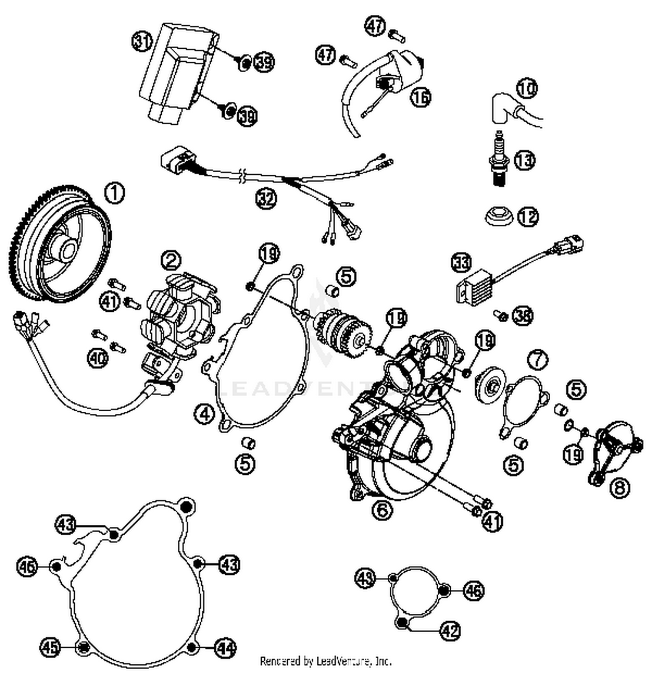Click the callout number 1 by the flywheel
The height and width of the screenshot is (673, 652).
(x=115, y=193)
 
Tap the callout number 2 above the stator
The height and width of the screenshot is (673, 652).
(x=171, y=260)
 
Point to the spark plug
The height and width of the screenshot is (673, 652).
(x=500, y=160)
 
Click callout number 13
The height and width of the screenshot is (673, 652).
(x=525, y=160)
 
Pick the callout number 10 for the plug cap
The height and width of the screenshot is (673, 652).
(x=527, y=89)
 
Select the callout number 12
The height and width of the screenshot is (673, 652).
(x=528, y=217)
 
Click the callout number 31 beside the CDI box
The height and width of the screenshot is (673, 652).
(x=142, y=42)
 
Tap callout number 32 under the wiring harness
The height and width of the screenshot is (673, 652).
(x=266, y=199)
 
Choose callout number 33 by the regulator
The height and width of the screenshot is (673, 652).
(x=461, y=263)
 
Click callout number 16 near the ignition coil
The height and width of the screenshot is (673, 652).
(x=420, y=97)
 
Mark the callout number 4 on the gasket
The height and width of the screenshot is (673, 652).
(x=204, y=413)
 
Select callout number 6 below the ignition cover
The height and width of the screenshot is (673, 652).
(x=382, y=509)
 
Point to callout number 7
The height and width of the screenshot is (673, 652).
(x=538, y=360)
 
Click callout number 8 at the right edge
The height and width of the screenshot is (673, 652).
(x=619, y=487)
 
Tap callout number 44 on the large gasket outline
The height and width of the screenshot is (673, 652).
(x=225, y=648)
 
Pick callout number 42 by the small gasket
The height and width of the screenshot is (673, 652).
(x=450, y=630)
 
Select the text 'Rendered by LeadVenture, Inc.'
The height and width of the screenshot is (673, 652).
(x=326, y=661)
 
